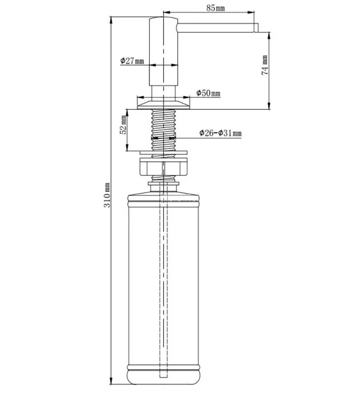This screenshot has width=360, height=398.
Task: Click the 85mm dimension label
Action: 216,8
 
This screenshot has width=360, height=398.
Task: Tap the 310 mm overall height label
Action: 107,195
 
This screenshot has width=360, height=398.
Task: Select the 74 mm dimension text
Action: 265,65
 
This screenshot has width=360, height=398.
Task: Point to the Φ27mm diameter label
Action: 132,61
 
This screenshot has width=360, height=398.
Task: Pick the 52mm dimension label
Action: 123,125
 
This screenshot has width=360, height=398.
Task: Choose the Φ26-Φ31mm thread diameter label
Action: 220,133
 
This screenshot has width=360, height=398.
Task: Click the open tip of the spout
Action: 256,28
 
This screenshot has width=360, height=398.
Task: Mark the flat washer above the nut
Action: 163,153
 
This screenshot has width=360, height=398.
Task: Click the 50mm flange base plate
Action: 163,105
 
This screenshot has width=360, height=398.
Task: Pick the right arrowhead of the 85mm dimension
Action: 251,12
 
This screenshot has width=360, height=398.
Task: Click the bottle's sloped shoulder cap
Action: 163,194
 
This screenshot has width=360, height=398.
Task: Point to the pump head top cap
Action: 163,19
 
